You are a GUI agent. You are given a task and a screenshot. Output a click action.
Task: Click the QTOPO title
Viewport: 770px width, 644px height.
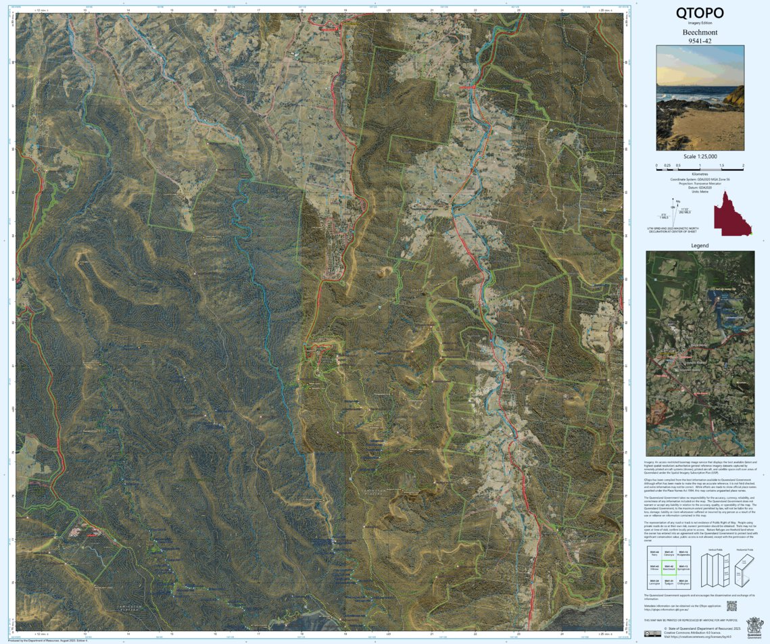(700, 13)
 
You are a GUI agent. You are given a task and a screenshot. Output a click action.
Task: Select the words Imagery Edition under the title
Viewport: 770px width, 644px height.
(700, 24)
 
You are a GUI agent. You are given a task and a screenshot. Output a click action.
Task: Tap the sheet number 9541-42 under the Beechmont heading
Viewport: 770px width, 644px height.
(700, 41)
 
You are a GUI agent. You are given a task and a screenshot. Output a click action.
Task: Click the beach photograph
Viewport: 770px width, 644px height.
(700, 97)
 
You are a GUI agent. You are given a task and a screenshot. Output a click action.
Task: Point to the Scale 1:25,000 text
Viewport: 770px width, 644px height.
(700, 157)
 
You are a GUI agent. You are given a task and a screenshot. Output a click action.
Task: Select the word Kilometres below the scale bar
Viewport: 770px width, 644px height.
(700, 174)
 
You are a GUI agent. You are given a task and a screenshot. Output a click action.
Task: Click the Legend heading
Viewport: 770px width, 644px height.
(700, 246)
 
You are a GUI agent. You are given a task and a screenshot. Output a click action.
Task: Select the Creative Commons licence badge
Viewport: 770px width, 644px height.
(652, 633)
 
